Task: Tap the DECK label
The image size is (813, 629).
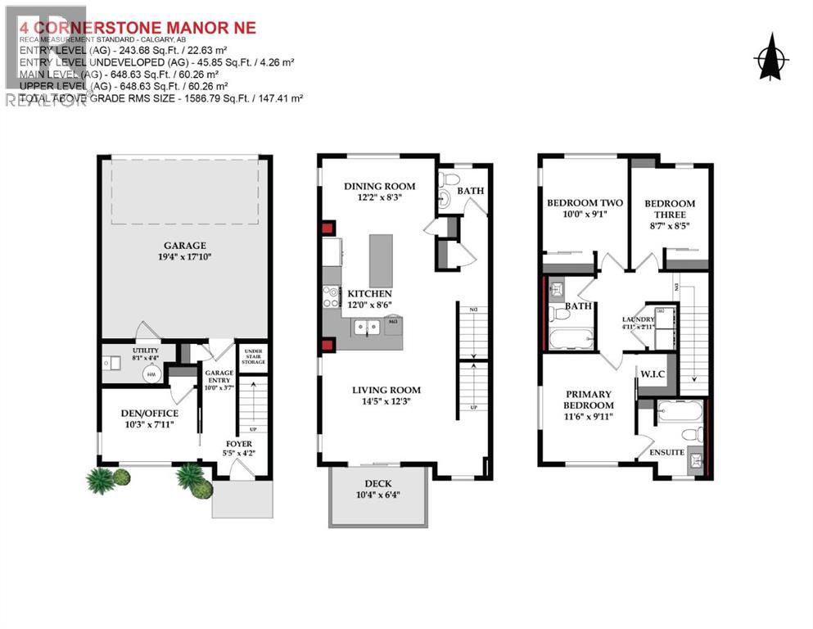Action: point(377,483)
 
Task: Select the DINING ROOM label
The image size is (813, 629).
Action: point(379,186)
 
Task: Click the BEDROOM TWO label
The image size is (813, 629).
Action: point(585,203)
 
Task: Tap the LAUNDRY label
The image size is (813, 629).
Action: point(638,319)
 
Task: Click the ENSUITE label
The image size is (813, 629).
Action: point(667,451)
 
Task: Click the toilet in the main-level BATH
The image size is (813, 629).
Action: point(447,201)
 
